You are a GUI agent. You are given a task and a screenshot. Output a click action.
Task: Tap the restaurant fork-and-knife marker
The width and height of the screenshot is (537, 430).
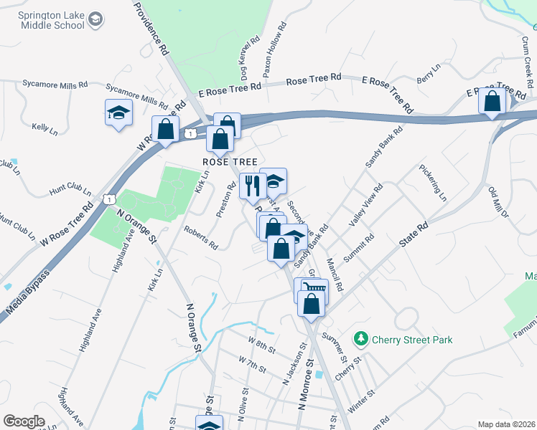[252, 186]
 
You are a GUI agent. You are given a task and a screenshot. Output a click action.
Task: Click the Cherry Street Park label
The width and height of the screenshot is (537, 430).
[412, 339]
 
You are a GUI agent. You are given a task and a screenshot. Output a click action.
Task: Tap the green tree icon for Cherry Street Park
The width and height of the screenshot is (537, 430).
[361, 338]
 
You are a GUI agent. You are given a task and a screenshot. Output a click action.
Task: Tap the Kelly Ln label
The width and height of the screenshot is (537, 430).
[45, 128]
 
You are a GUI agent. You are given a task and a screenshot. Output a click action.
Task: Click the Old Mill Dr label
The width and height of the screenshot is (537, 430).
[498, 204]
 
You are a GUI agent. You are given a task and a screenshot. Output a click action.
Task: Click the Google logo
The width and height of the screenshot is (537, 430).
[24, 421]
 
